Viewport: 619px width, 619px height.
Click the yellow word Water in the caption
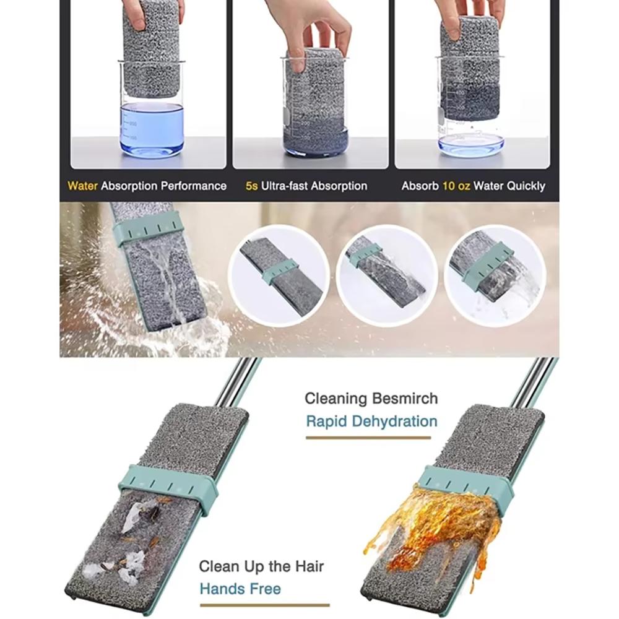[83, 186]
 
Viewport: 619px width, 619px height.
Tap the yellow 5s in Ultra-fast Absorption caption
[251, 186]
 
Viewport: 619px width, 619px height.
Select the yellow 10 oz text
[456, 186]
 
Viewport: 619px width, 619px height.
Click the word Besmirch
[405, 398]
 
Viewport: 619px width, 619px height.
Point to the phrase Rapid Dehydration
[371, 422]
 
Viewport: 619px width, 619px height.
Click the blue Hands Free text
[240, 588]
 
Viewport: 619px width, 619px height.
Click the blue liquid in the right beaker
[471, 144]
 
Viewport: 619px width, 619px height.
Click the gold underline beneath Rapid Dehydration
[368, 438]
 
